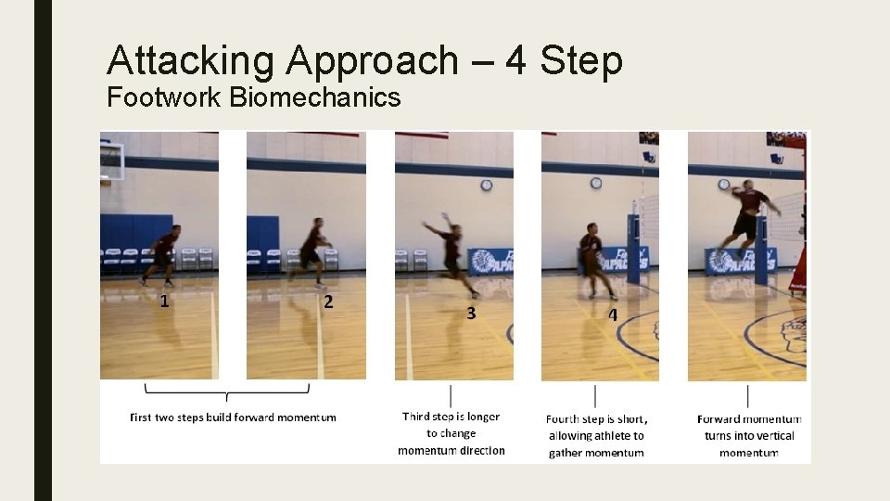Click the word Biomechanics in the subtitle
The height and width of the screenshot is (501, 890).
[x=314, y=96]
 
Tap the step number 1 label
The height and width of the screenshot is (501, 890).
[x=164, y=300]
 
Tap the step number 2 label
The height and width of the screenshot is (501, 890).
[x=328, y=302]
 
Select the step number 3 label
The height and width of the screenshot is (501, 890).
[x=471, y=313]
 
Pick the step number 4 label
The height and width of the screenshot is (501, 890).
[x=612, y=315]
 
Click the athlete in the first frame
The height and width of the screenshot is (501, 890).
[x=162, y=253]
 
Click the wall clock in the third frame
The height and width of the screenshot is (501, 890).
[x=487, y=186]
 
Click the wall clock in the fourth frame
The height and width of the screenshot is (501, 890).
[x=595, y=183]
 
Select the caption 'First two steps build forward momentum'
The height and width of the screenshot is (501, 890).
[x=233, y=417]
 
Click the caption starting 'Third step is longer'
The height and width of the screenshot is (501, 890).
[x=451, y=433]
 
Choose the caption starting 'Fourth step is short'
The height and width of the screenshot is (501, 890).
[x=595, y=436]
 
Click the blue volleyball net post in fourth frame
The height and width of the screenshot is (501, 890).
[x=633, y=249]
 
